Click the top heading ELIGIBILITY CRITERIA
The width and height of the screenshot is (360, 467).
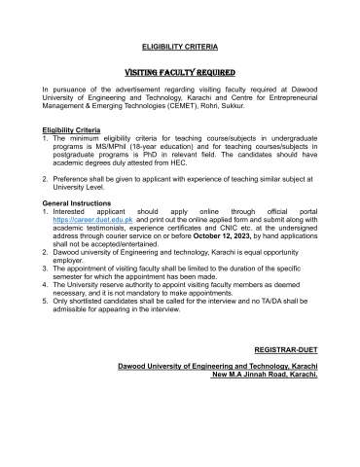180,46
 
